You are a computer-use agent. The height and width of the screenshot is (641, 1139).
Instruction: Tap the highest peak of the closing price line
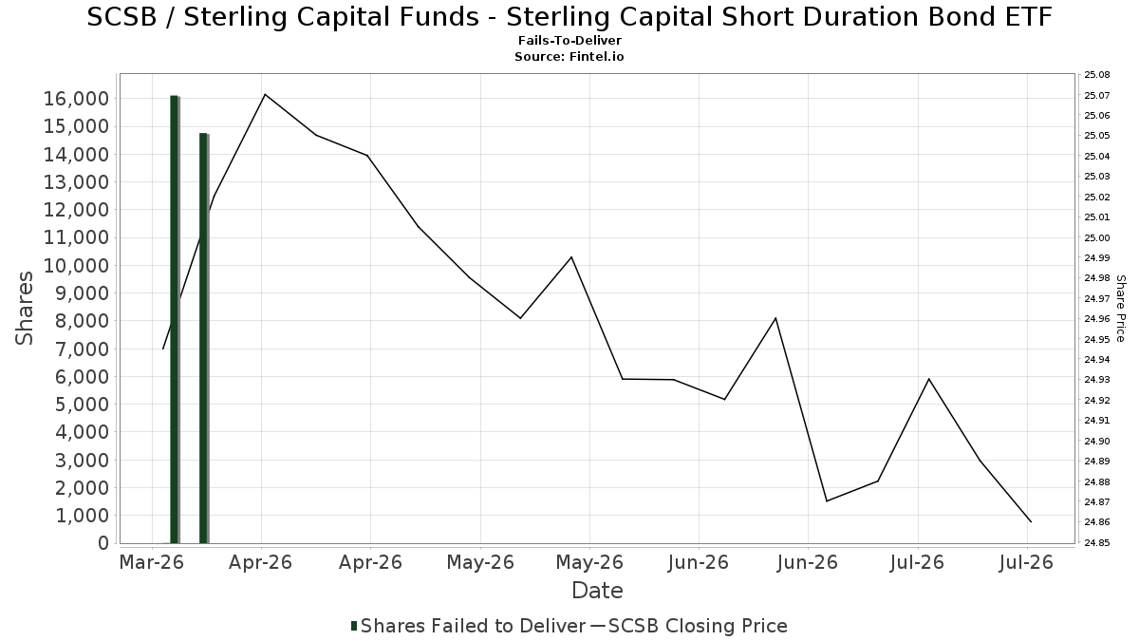click(265, 95)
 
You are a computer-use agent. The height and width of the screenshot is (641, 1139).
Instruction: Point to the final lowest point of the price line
click(1031, 521)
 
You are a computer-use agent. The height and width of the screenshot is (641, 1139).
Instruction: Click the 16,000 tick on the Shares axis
click(76, 99)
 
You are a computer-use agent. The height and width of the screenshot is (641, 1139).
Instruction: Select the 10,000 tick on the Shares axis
click(76, 266)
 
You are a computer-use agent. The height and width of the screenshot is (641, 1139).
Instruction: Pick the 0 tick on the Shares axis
click(103, 543)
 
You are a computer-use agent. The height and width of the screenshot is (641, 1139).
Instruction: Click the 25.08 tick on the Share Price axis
click(1097, 75)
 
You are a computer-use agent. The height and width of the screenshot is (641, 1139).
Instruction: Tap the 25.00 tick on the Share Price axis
click(1097, 237)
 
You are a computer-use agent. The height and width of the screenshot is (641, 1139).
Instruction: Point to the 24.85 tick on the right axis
click(1097, 543)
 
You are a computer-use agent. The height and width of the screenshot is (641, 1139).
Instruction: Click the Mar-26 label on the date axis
click(151, 562)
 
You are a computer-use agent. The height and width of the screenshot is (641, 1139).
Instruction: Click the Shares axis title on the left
click(24, 309)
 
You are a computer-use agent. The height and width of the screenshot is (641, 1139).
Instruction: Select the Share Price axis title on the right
click(1120, 309)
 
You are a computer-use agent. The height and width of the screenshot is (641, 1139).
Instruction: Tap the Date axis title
click(597, 591)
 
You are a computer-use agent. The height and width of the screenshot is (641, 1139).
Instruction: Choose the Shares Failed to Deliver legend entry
click(468, 626)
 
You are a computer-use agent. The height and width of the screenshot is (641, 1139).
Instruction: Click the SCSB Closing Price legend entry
click(688, 626)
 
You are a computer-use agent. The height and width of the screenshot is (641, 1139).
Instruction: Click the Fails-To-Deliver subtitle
click(569, 40)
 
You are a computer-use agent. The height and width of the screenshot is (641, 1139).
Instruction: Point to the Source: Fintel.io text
click(569, 56)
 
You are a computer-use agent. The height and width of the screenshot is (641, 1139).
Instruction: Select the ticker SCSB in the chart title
click(122, 17)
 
